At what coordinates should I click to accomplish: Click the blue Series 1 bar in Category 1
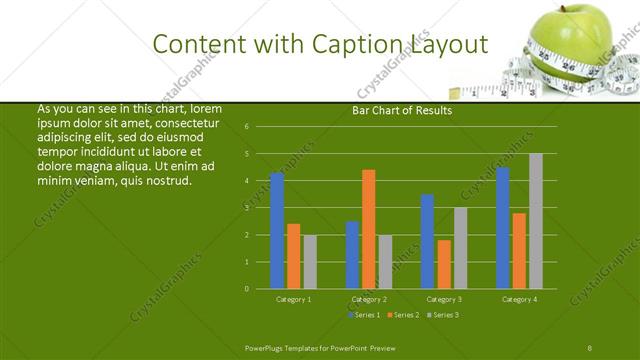277,231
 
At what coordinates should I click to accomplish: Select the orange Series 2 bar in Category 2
369,229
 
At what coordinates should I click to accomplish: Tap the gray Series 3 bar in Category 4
536,221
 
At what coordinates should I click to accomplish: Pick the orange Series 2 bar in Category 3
444,264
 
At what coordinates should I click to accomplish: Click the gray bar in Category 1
310,262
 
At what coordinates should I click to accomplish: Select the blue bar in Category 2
352,255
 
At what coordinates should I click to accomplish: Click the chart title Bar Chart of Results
402,111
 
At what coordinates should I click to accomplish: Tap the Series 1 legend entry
364,316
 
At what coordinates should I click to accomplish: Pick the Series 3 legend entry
441,316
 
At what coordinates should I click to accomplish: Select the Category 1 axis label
293,299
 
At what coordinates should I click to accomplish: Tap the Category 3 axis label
444,299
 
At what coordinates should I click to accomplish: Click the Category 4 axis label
519,299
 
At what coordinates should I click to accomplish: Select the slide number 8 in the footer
590,347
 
